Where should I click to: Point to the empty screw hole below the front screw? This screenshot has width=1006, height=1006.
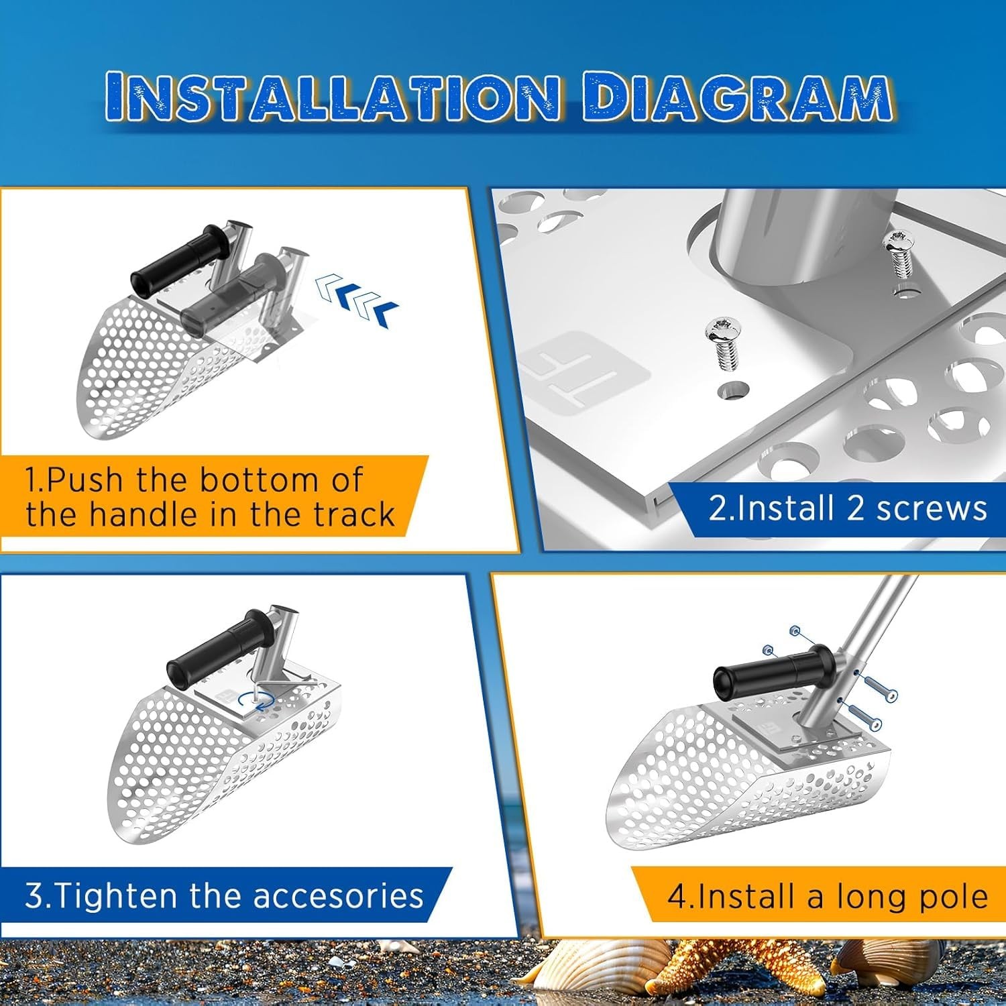[733, 390]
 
